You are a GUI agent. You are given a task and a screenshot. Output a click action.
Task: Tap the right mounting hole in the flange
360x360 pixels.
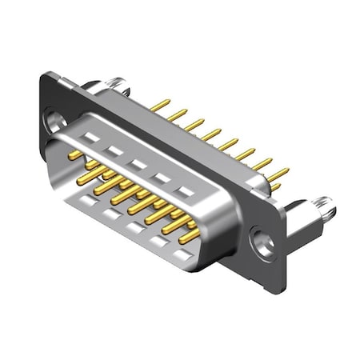click(x=260, y=238)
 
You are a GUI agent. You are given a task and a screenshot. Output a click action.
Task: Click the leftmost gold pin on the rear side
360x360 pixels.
click(x=161, y=105)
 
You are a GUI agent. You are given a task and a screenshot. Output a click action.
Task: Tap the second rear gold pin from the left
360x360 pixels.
click(x=178, y=114)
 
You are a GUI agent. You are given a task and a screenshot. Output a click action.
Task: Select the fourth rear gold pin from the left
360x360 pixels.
click(x=211, y=134)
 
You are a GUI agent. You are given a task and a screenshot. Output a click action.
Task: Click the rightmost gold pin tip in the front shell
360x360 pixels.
click(x=189, y=238)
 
